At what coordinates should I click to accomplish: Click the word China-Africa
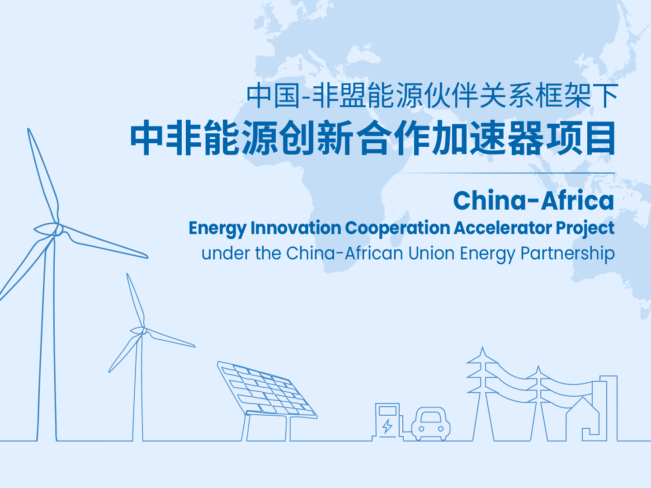(533, 201)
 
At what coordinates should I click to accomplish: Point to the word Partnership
(568, 254)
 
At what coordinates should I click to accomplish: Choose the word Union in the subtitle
(432, 253)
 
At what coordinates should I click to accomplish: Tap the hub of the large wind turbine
(57, 229)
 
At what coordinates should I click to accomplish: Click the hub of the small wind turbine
(143, 331)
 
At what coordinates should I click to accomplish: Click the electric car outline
(431, 424)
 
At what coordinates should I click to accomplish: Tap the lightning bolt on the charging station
(387, 426)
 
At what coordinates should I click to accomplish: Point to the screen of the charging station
(387, 411)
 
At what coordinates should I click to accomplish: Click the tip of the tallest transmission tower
(482, 347)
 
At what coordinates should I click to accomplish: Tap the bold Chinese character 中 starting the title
(146, 138)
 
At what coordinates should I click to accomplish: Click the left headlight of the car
(421, 428)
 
